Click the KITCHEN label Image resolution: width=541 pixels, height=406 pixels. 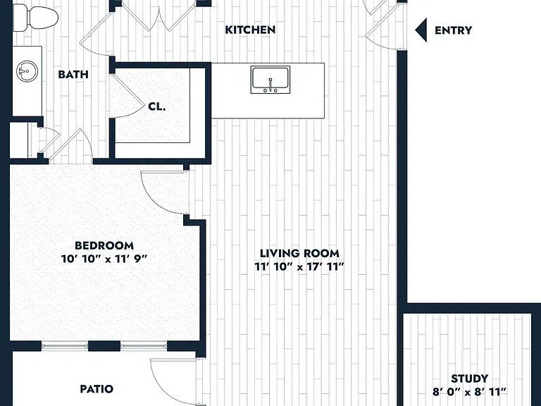point(250,30)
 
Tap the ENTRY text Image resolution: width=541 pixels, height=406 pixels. point(453,30)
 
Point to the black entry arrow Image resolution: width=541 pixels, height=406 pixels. point(421,30)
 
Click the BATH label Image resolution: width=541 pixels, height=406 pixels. point(73,74)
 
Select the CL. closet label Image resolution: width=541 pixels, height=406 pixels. point(157,106)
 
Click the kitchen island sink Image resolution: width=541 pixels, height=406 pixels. point(270,80)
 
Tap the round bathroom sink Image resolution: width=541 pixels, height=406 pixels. point(27,71)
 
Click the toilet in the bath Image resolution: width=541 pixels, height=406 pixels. point(35,18)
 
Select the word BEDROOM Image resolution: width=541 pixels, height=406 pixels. point(104,245)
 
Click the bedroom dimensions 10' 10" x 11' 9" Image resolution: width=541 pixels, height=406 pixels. point(104,259)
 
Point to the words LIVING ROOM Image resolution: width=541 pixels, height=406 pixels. point(299,254)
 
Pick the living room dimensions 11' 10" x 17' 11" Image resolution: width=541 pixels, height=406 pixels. point(299,267)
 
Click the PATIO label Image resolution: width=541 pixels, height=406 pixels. point(97,389)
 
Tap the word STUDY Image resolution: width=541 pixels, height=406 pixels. point(470,379)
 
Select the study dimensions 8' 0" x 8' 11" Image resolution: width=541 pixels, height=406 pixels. point(470,392)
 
